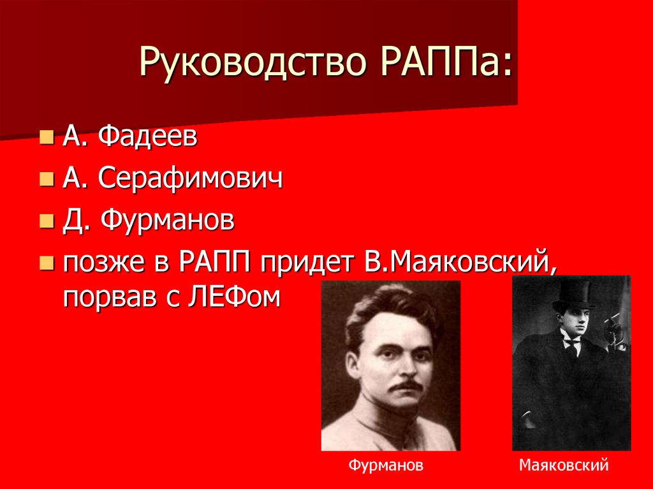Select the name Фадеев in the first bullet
pos(148,137)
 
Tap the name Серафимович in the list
pos(190,179)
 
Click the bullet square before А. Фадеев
pos(46,138)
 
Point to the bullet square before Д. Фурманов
pos(46,222)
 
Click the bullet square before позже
pos(46,263)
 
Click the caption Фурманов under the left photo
pos(386,465)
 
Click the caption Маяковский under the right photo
pos(564,465)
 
